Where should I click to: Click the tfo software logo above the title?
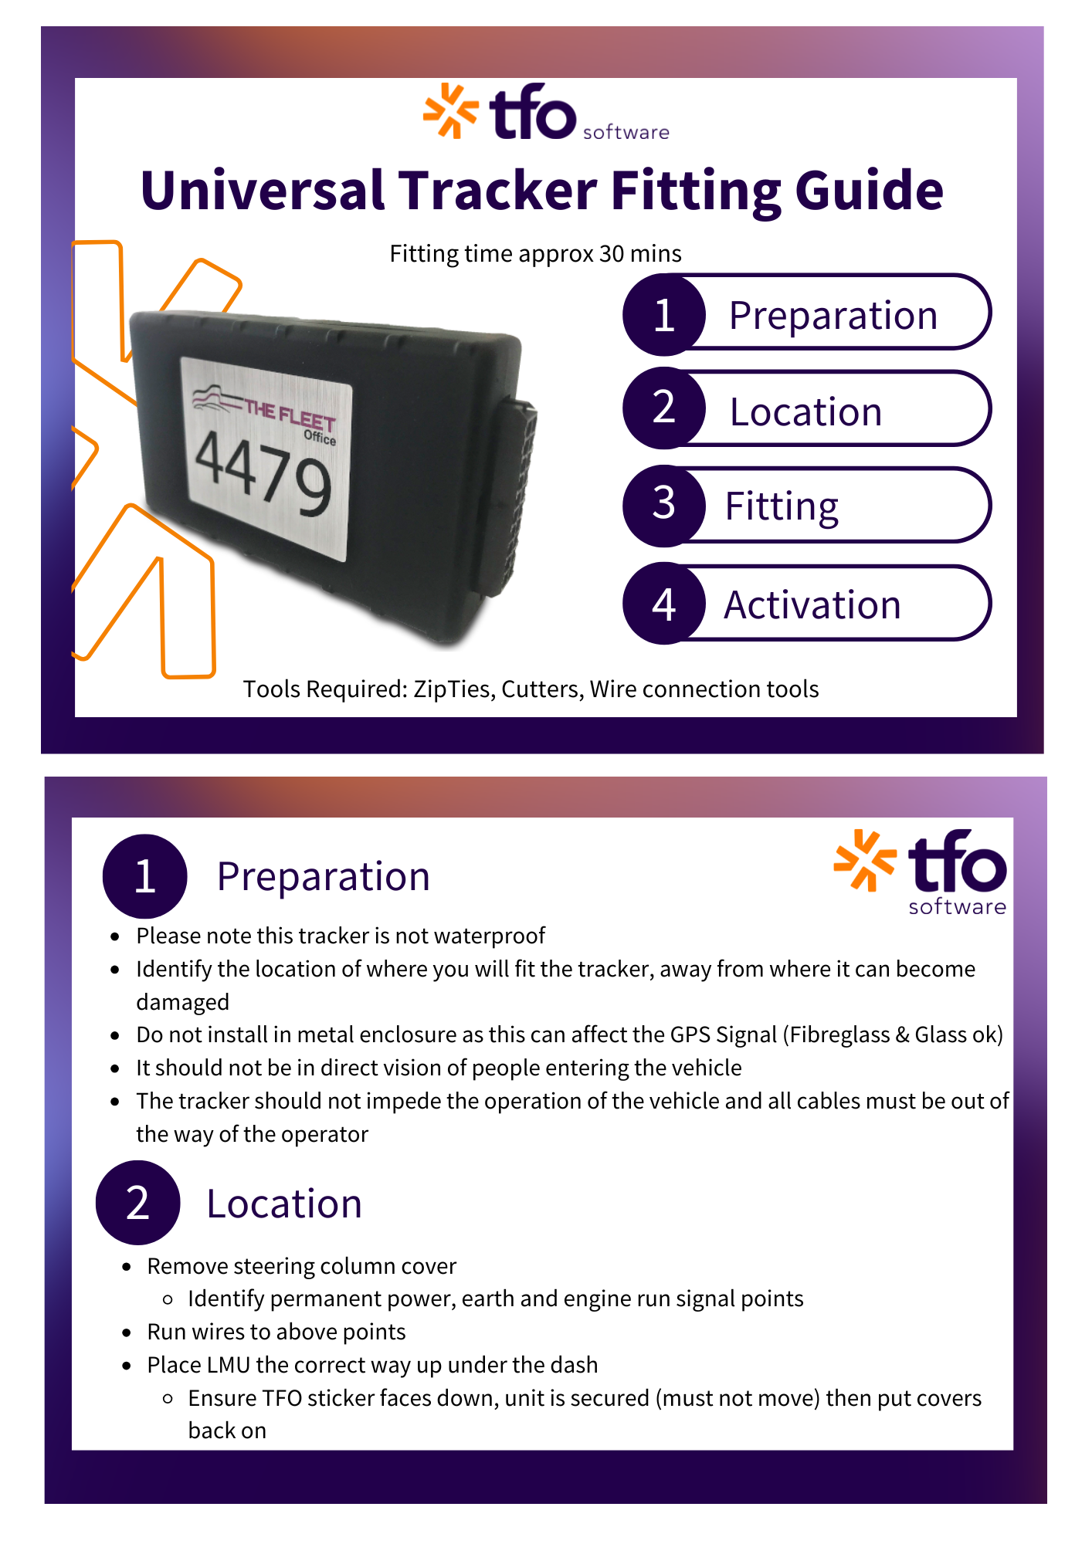point(546,112)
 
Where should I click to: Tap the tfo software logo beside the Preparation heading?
point(921,872)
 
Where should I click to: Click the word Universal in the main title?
point(263,191)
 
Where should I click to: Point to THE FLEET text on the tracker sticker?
point(290,414)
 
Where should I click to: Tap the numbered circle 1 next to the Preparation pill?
point(664,315)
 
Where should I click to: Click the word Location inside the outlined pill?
point(805,411)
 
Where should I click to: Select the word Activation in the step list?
point(812,604)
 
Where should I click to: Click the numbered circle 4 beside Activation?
point(664,604)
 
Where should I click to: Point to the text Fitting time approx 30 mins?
point(535,254)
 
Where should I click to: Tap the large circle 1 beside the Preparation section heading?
point(144,876)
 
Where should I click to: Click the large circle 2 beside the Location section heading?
point(137,1203)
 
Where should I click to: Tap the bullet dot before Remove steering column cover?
point(127,1268)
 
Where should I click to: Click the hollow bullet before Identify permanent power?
point(168,1300)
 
